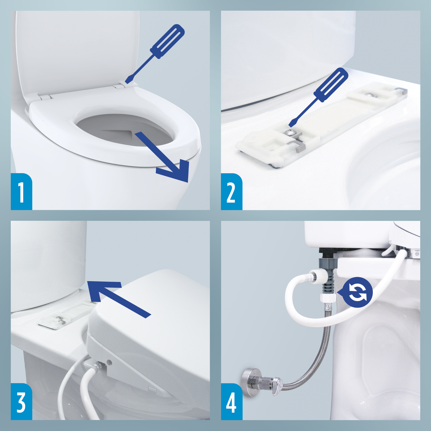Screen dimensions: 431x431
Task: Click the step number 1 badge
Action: click(x=21, y=192)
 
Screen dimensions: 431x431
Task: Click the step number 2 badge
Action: click(x=231, y=192)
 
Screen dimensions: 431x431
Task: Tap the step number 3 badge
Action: click(x=21, y=402)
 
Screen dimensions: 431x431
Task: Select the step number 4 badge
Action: click(x=231, y=402)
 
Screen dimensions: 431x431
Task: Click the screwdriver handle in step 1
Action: click(x=167, y=41)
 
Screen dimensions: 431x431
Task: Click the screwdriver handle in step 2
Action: click(x=330, y=85)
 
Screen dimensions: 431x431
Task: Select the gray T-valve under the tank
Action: click(x=328, y=268)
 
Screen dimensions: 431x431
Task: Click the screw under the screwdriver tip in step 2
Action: click(x=288, y=131)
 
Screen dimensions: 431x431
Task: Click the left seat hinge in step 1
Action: click(x=45, y=97)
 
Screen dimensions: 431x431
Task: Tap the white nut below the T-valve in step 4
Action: click(x=328, y=298)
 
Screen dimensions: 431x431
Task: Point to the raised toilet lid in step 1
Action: click(x=78, y=51)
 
